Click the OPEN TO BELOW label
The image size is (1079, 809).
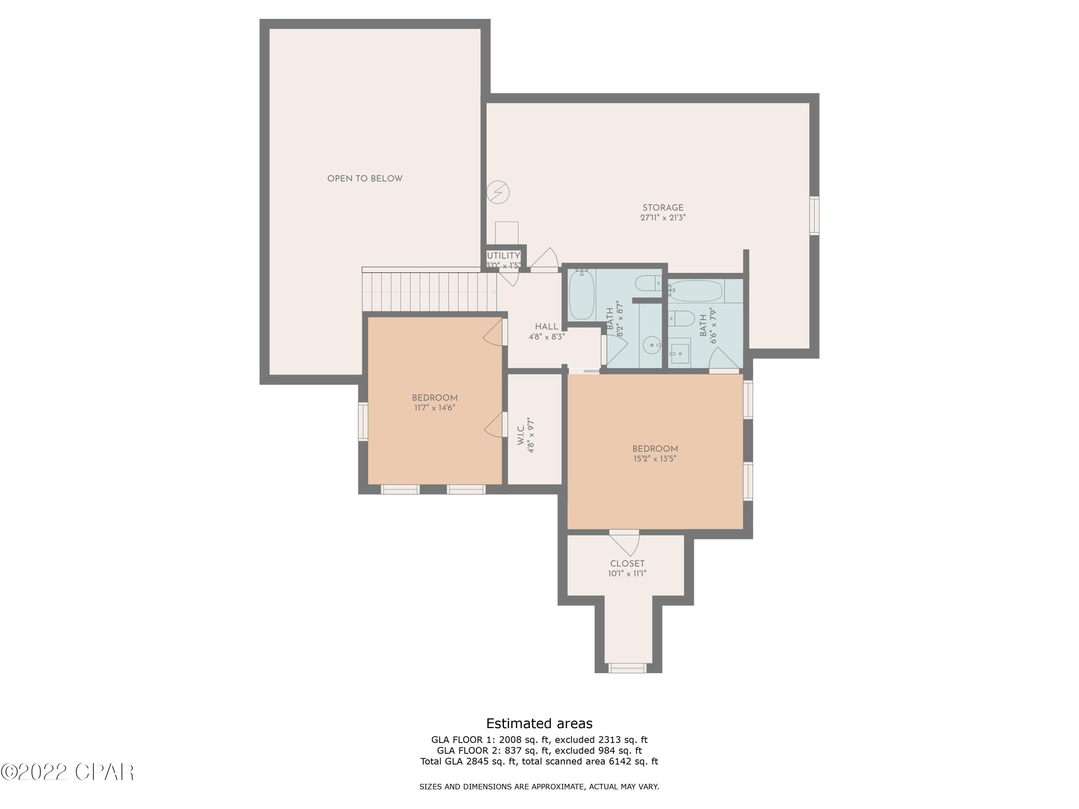click(x=365, y=178)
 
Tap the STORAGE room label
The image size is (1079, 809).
click(x=663, y=208)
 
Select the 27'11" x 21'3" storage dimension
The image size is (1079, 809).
click(x=663, y=218)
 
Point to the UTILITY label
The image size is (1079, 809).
click(x=504, y=256)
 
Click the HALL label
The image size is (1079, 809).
click(x=546, y=327)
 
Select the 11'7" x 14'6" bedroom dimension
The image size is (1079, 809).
click(x=434, y=408)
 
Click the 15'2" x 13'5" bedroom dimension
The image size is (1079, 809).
click(x=655, y=459)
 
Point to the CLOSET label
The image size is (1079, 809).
click(x=627, y=563)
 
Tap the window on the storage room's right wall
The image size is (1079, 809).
click(x=814, y=215)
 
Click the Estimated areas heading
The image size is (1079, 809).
click(x=539, y=723)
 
